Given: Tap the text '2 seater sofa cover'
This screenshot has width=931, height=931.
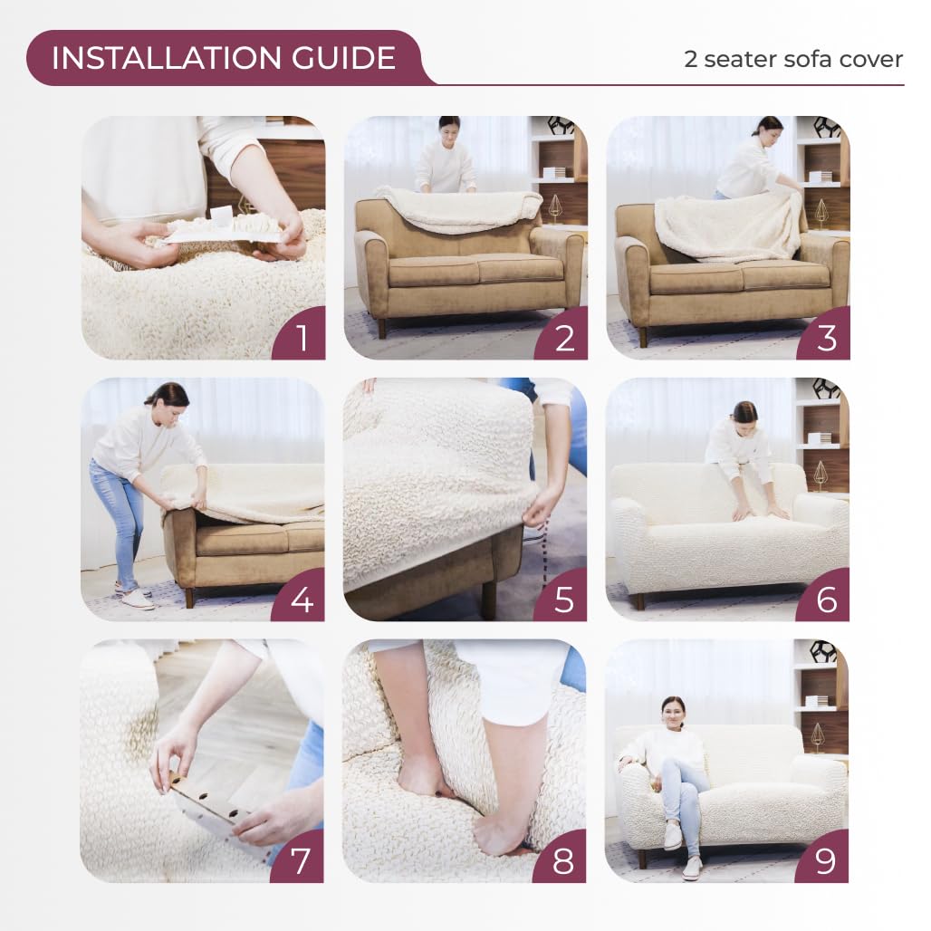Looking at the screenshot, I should (792, 60).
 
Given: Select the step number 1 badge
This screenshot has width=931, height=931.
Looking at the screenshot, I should (301, 337).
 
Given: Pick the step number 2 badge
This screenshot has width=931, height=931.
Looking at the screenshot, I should (563, 337).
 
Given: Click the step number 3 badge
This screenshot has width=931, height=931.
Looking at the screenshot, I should (825, 337).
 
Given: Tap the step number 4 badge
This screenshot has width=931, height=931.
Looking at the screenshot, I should (301, 599).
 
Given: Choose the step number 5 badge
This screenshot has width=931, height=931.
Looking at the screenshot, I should (563, 599).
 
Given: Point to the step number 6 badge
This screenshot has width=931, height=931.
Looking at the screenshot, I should (825, 599).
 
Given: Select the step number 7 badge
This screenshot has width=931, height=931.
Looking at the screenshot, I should (301, 860).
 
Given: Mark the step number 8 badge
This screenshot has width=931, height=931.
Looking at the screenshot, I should (563, 860).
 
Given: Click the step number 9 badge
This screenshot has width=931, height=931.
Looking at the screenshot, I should (825, 860).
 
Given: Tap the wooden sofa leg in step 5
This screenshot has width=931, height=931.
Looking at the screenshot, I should (489, 600).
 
